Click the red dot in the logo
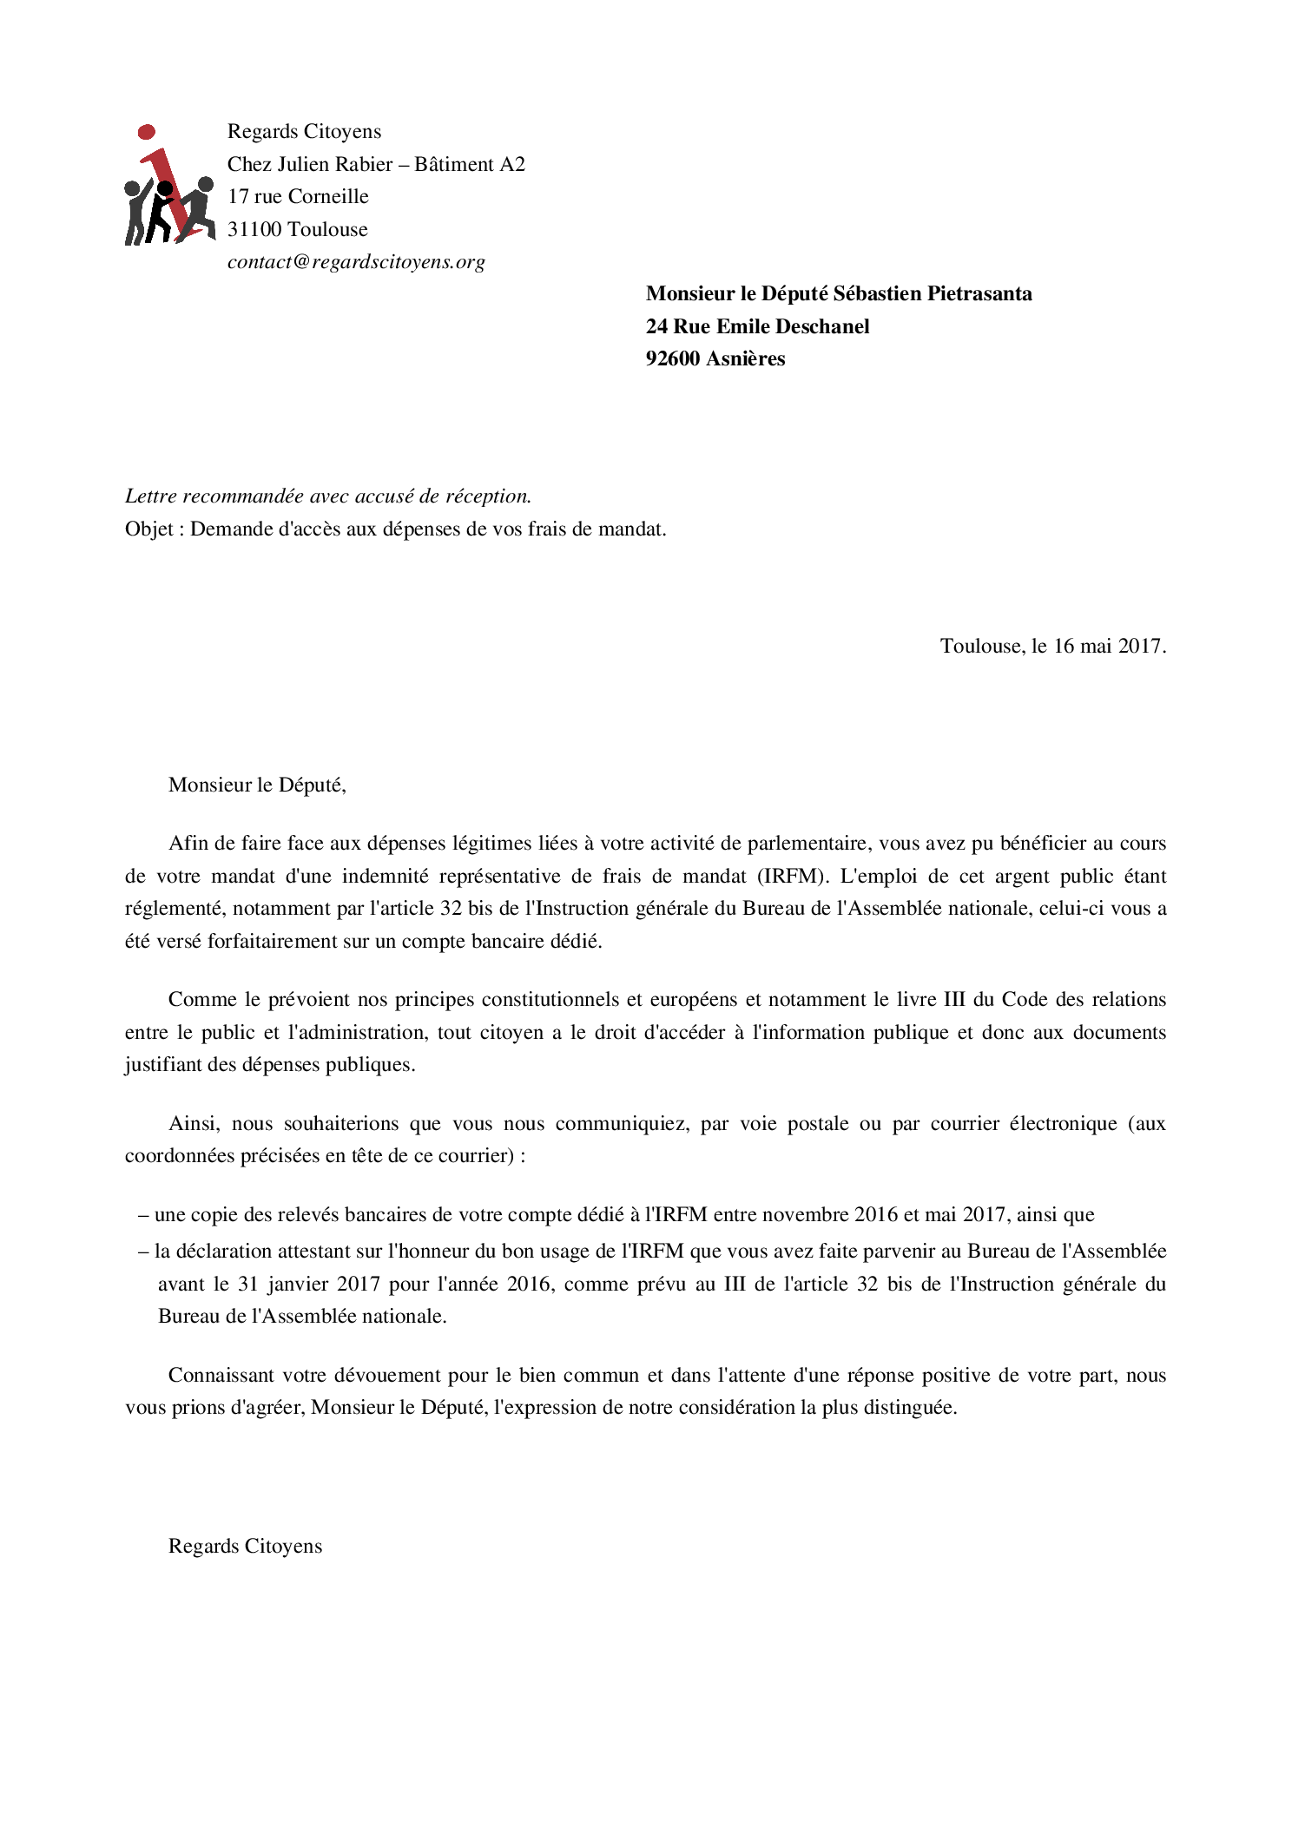coord(147,132)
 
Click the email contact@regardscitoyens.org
coord(356,262)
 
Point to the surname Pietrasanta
coord(979,293)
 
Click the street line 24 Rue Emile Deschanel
coord(757,326)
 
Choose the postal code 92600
coord(673,358)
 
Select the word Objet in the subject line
coord(149,529)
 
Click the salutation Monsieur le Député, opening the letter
coord(257,785)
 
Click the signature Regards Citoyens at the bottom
coord(245,1547)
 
